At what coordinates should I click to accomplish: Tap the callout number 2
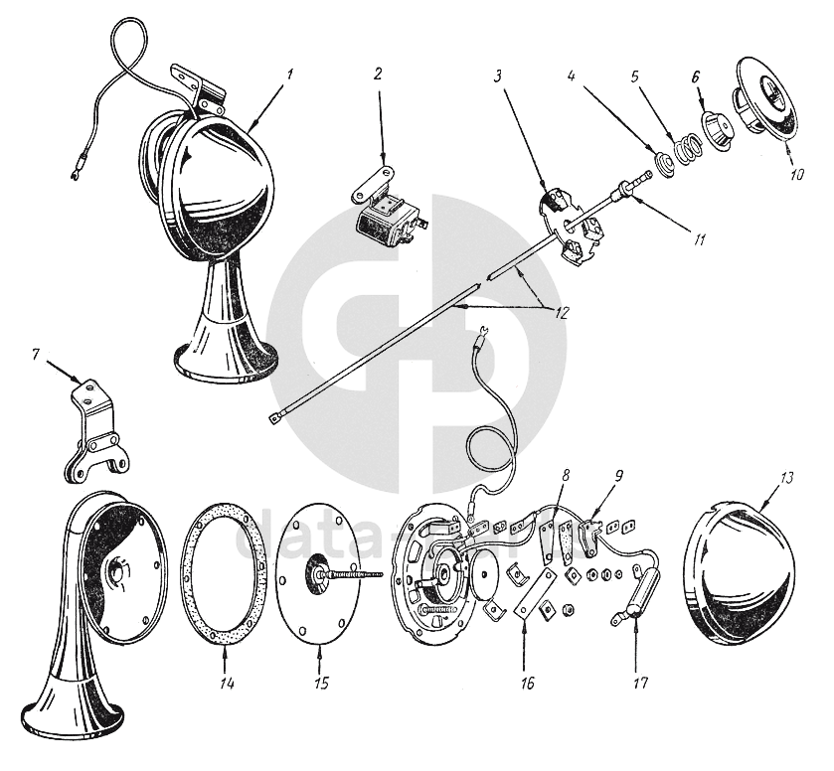click(x=379, y=74)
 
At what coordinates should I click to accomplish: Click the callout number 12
click(x=562, y=311)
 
